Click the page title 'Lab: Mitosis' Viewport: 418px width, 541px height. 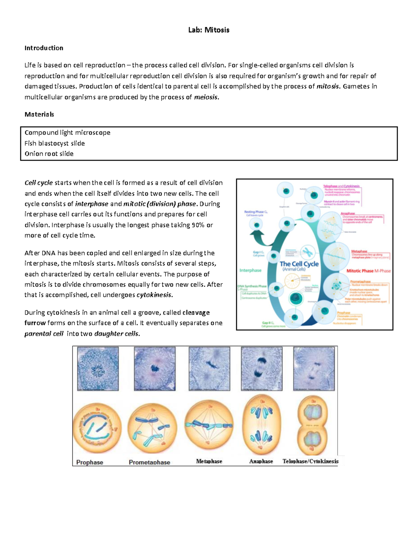[x=209, y=30]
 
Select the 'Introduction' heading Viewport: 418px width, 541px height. [x=44, y=48]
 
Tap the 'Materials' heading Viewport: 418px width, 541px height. [x=39, y=114]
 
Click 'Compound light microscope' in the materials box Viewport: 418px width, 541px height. [x=68, y=133]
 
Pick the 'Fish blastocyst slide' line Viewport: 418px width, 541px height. [x=55, y=143]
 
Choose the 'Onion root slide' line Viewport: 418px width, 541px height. [x=49, y=154]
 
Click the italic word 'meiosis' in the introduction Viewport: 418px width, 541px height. [x=206, y=97]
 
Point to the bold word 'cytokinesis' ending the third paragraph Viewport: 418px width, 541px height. [x=154, y=295]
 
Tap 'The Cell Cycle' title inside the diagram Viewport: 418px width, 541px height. [x=299, y=264]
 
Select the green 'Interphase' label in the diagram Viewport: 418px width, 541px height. [x=250, y=270]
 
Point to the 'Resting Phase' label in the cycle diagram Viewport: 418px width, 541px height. [x=255, y=212]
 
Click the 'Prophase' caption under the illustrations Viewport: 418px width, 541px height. [x=90, y=462]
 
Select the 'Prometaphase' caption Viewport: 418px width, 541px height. [x=149, y=462]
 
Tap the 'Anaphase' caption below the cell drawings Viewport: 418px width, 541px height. [x=261, y=461]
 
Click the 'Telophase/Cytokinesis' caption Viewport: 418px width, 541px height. [x=310, y=461]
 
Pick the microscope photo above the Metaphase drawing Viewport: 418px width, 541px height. [x=209, y=368]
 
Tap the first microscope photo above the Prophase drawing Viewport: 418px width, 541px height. [x=98, y=368]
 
